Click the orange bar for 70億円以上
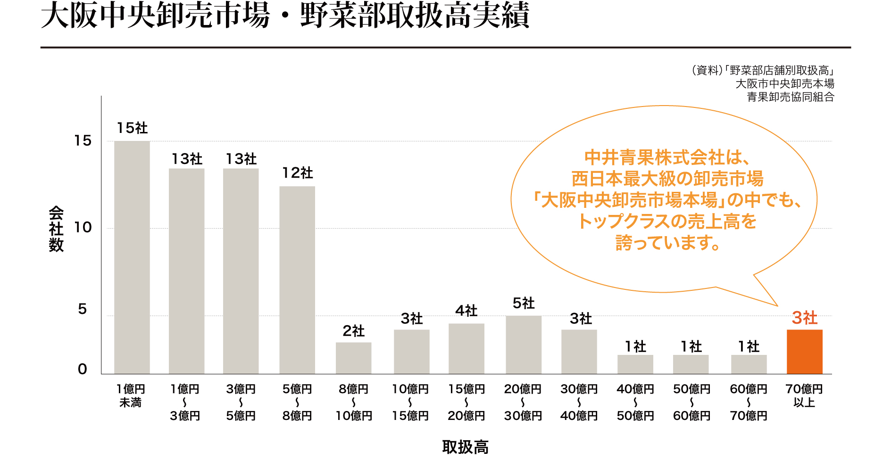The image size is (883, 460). pyautogui.click(x=804, y=352)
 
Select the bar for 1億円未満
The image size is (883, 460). pyautogui.click(x=132, y=257)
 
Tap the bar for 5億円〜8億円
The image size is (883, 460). pyautogui.click(x=297, y=280)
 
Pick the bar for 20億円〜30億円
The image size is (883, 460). pyautogui.click(x=524, y=345)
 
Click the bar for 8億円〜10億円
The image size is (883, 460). pyautogui.click(x=354, y=358)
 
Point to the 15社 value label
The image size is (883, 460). pyautogui.click(x=132, y=128)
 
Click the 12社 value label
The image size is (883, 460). pyautogui.click(x=297, y=173)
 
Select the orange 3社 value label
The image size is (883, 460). pyautogui.click(x=804, y=318)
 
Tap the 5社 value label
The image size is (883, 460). pyautogui.click(x=524, y=303)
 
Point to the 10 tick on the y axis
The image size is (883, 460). pyautogui.click(x=83, y=228)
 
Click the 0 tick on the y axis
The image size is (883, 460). pyautogui.click(x=83, y=369)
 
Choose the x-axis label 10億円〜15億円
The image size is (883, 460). pyautogui.click(x=410, y=402)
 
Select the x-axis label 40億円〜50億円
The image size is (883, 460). pyautogui.click(x=635, y=402)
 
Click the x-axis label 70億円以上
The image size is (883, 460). pyautogui.click(x=804, y=396)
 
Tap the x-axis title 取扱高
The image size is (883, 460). pyautogui.click(x=465, y=447)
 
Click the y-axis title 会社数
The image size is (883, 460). pyautogui.click(x=56, y=229)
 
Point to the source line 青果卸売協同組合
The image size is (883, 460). pyautogui.click(x=791, y=97)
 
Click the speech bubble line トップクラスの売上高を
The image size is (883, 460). pyautogui.click(x=667, y=222)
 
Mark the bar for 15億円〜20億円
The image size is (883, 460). pyautogui.click(x=466, y=349)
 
